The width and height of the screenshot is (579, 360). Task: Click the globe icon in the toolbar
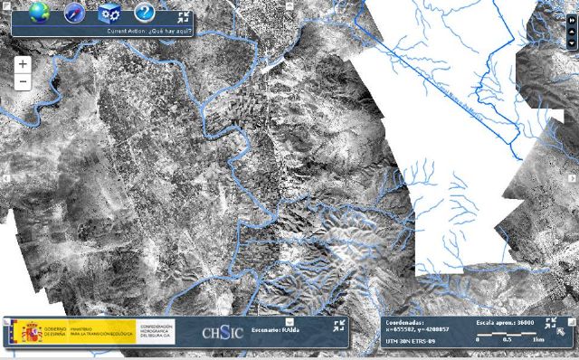[39, 12]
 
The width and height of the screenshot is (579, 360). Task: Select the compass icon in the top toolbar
[74, 12]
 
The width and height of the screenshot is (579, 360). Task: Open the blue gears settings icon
[109, 12]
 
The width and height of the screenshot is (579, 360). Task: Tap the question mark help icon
[144, 12]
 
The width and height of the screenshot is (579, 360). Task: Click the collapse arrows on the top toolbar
[184, 17]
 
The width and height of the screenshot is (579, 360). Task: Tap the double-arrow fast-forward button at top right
[572, 6]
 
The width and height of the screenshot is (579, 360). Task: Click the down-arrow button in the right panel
[572, 42]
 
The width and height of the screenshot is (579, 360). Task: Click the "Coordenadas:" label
[404, 321]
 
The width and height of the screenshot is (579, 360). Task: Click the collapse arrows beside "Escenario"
[340, 326]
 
